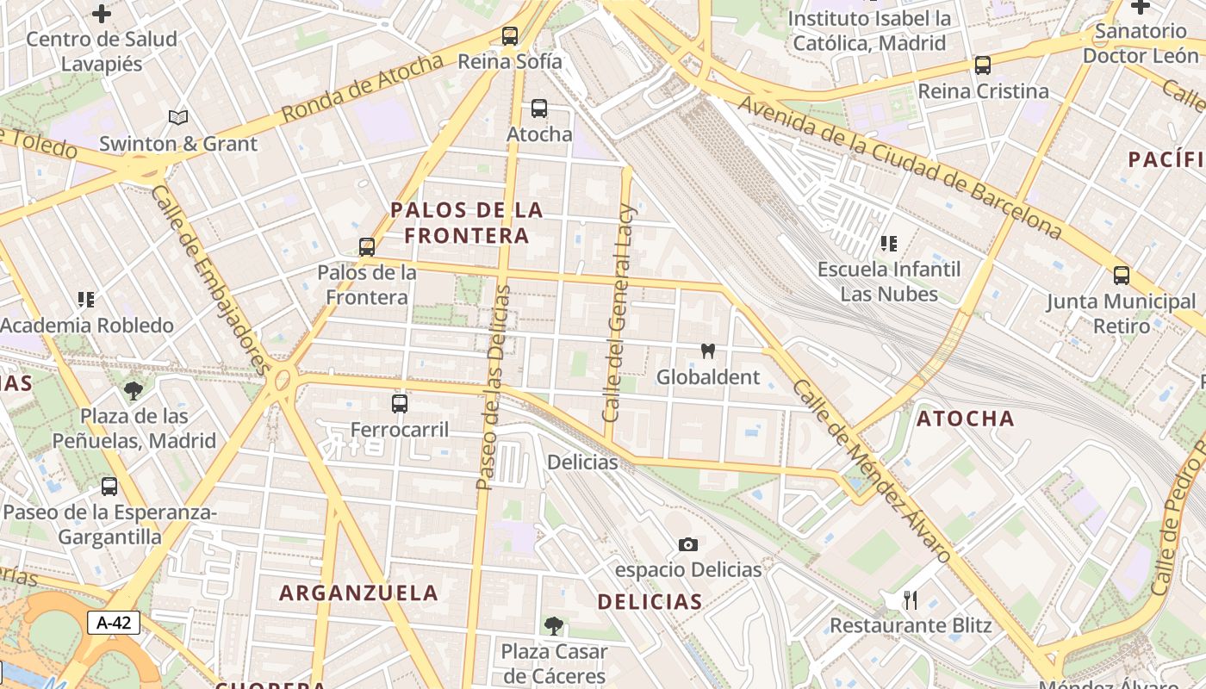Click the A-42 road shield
(114, 623)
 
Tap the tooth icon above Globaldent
(708, 351)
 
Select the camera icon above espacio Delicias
(687, 544)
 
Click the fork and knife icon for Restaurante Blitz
(911, 599)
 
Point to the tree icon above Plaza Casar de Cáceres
(553, 625)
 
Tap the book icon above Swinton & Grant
(178, 117)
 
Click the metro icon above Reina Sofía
(510, 36)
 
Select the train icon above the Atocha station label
(539, 109)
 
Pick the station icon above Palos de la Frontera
(367, 247)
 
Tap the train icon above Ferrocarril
(400, 403)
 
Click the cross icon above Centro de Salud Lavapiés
(102, 13)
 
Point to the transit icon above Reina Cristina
(982, 65)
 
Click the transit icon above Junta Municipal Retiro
(1122, 276)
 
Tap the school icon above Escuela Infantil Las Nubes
(889, 244)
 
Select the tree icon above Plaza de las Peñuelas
(134, 391)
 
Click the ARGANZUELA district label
(359, 593)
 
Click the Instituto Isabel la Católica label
(869, 30)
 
